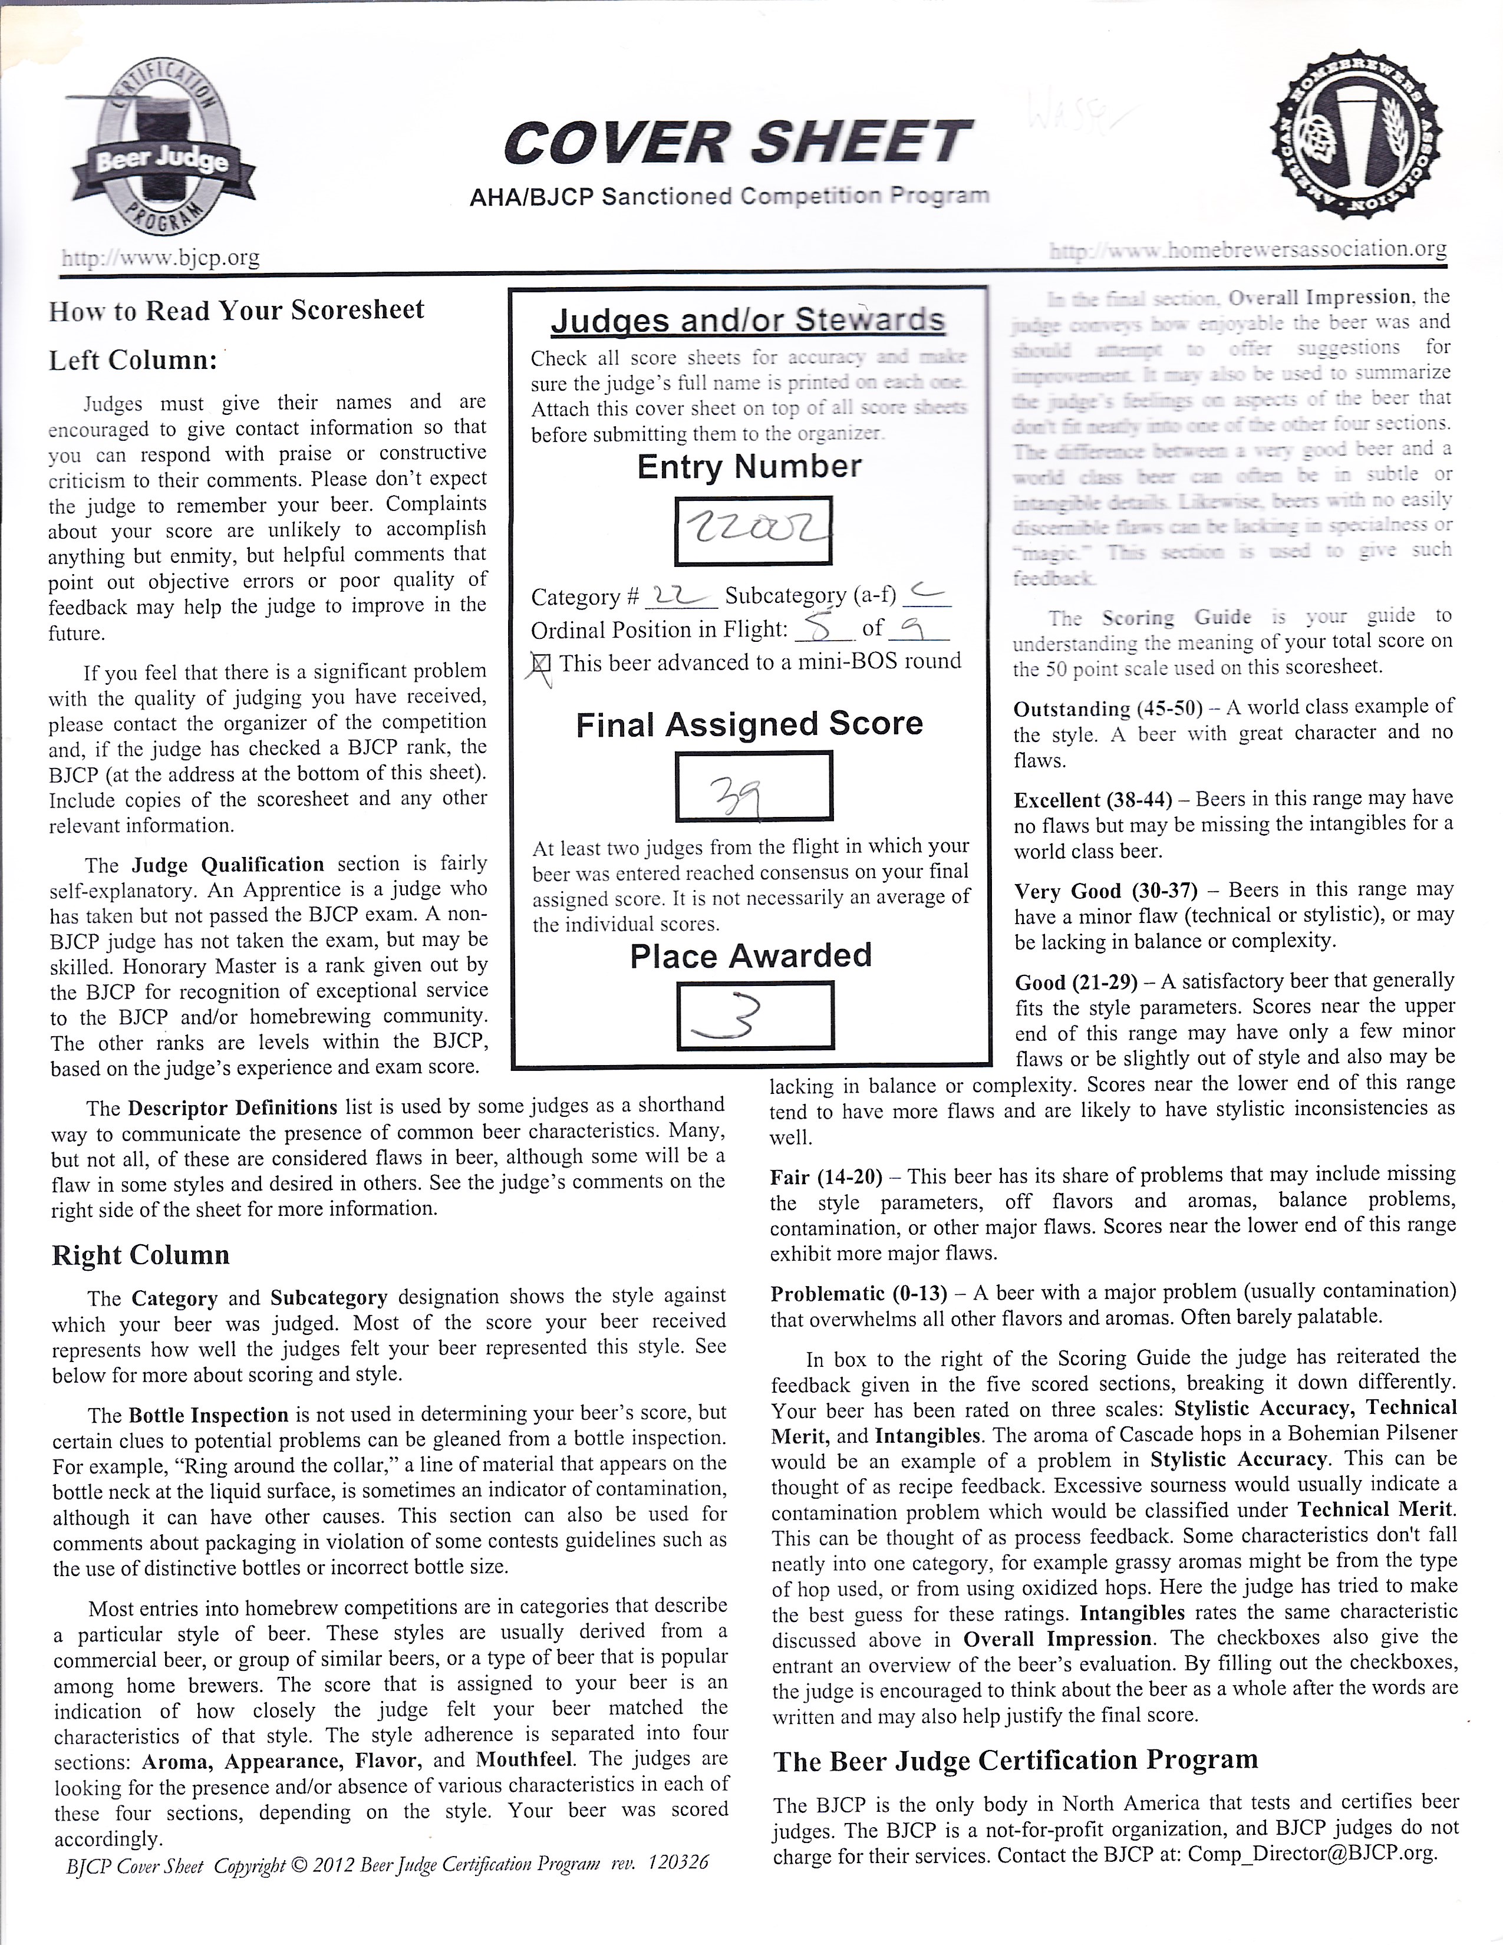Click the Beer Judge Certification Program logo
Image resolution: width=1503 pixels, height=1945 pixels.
(161, 160)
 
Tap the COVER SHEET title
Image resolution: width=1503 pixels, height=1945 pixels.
(736, 143)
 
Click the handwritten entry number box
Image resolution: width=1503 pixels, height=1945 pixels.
(753, 531)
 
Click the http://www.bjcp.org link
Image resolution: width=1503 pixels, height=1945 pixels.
(160, 258)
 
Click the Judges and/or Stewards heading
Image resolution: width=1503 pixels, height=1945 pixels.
(748, 319)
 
